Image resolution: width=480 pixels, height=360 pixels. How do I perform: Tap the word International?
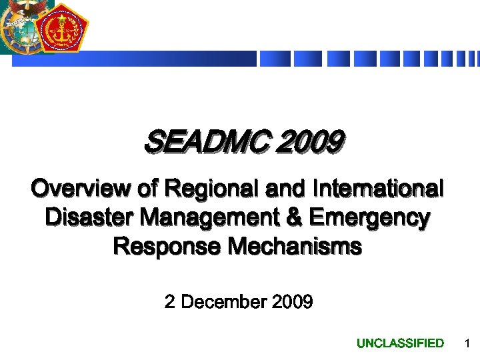[377, 189]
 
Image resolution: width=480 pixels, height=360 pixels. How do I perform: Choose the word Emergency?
[369, 218]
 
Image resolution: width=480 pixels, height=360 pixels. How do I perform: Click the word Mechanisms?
[295, 247]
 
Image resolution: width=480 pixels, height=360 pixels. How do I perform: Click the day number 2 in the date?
[169, 302]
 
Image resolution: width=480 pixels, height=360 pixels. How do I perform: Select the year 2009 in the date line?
[292, 302]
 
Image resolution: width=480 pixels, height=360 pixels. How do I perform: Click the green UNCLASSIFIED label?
[400, 343]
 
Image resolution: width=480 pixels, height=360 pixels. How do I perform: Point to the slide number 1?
[467, 343]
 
